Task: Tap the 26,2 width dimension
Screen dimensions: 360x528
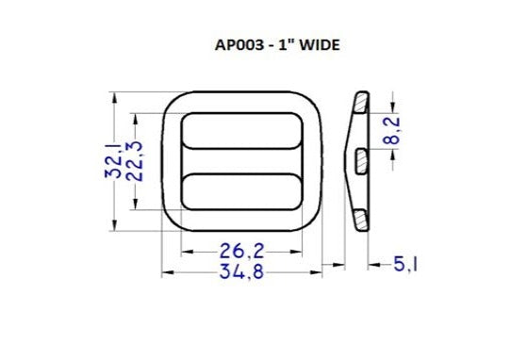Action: point(241,251)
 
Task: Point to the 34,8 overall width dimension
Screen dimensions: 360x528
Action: point(241,272)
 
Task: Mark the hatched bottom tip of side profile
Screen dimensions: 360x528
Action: point(361,222)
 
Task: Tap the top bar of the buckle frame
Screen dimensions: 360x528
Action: point(242,102)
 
